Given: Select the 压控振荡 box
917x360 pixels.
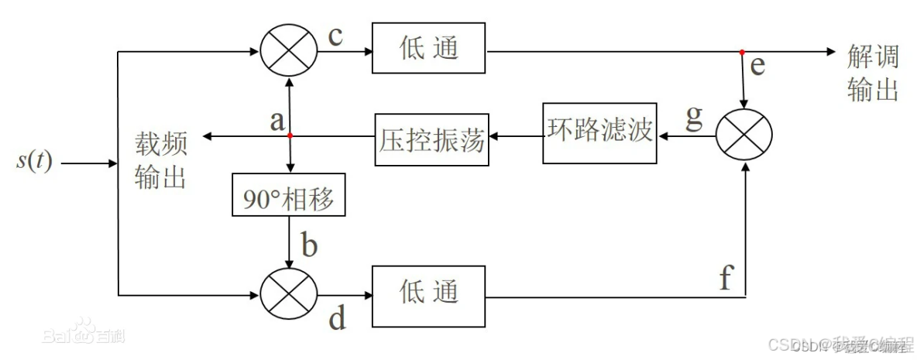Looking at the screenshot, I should (432, 139).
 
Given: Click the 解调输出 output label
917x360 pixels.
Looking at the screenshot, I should (873, 72).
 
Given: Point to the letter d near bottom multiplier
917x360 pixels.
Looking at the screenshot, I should (337, 319).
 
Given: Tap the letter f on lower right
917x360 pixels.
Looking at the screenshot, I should (725, 276).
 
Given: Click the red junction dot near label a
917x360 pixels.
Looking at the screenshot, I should (290, 136).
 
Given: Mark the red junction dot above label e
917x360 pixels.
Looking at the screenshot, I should (742, 53).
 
